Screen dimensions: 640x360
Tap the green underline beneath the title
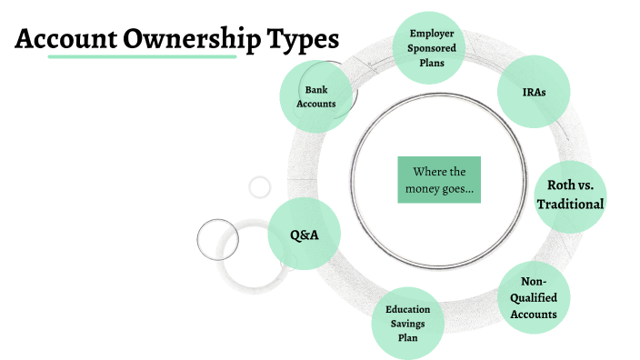click(x=141, y=57)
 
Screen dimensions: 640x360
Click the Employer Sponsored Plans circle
click(x=432, y=47)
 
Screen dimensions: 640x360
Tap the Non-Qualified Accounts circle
click(x=534, y=298)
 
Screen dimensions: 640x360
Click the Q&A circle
click(x=304, y=235)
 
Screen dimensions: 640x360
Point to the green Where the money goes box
click(x=439, y=180)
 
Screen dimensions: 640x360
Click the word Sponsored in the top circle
click(x=432, y=47)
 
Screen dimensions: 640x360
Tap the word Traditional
click(x=570, y=204)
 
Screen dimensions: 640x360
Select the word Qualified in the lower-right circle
click(x=534, y=298)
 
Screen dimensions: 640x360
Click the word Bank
click(x=315, y=90)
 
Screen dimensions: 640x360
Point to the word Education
click(x=407, y=310)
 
